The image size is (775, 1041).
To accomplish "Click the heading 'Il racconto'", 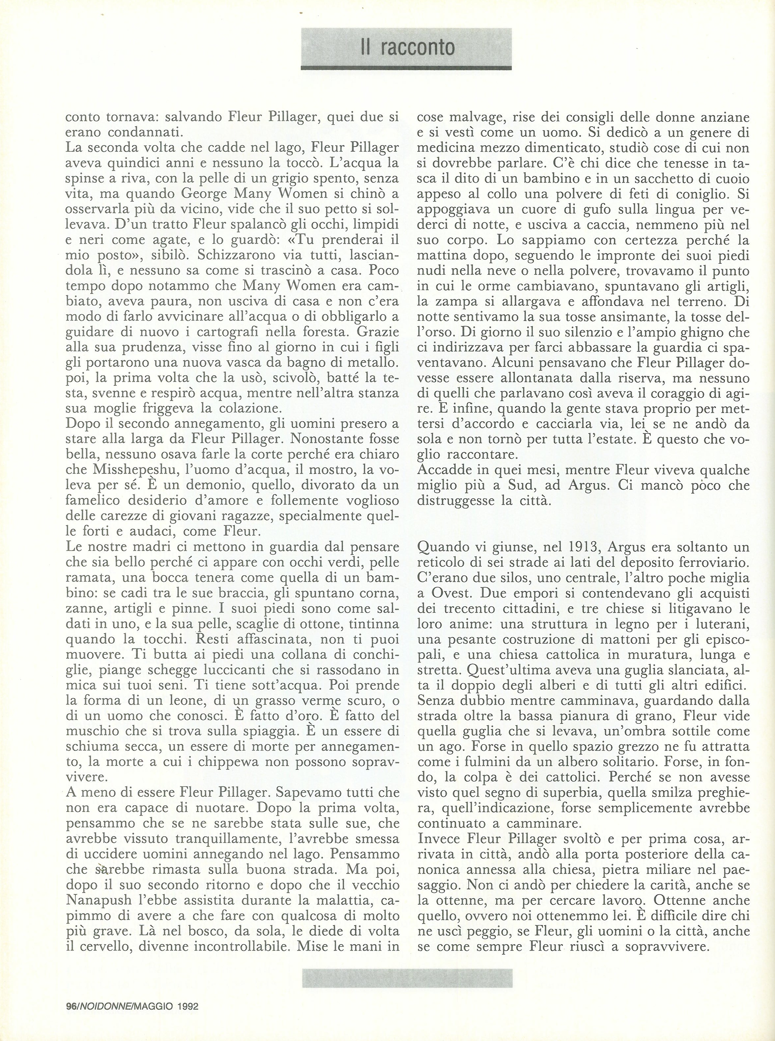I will (x=407, y=48).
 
